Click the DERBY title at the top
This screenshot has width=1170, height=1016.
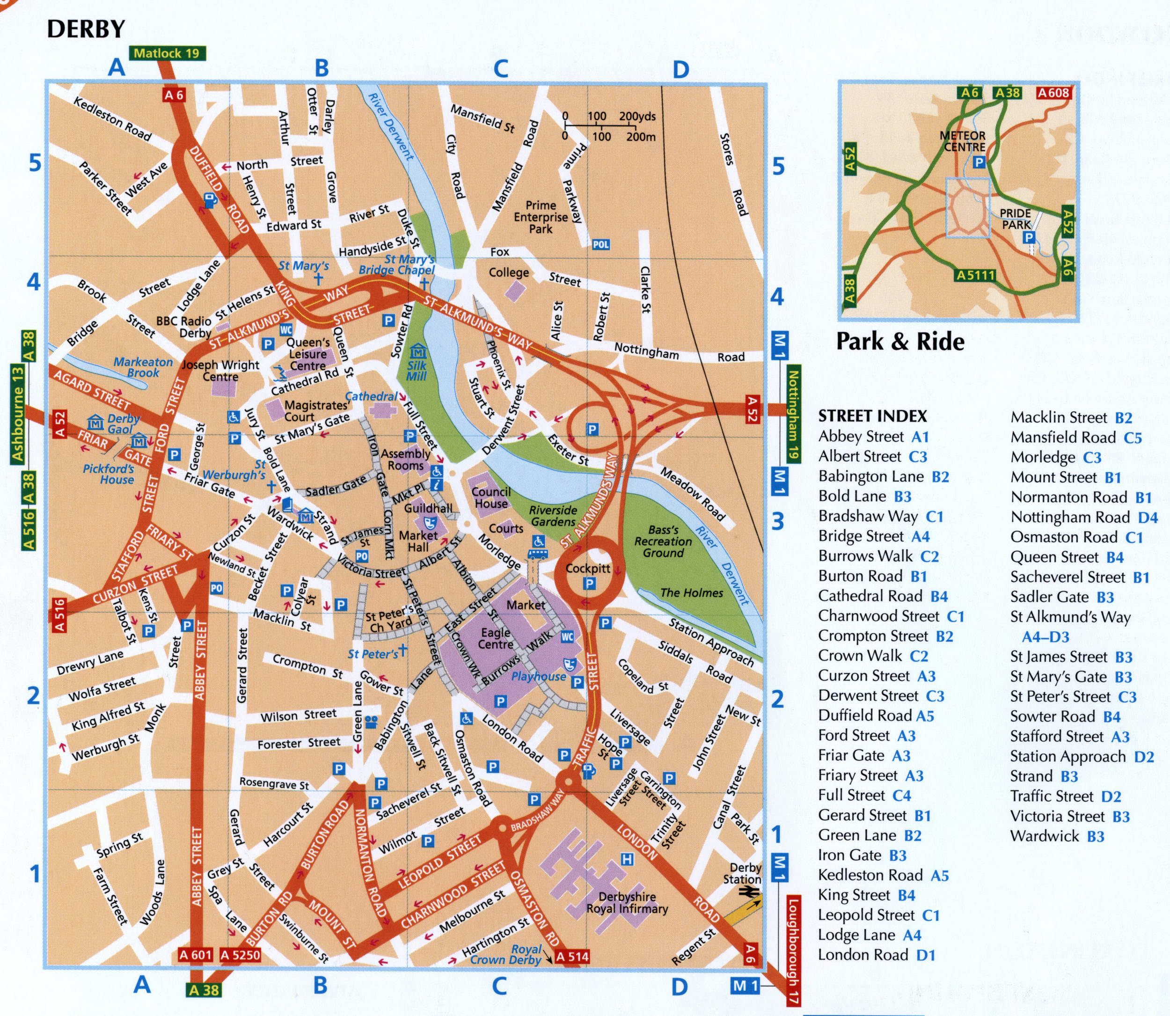click(x=86, y=29)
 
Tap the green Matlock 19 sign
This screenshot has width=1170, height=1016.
click(x=167, y=53)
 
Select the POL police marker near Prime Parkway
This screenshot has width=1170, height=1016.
click(x=600, y=244)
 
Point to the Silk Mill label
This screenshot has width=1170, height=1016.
click(x=417, y=370)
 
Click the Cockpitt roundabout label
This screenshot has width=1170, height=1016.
click(x=588, y=568)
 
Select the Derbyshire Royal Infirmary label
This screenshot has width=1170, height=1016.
click(x=627, y=903)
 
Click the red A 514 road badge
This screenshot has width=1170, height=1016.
click(x=572, y=957)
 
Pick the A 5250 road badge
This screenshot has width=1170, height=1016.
click(x=240, y=955)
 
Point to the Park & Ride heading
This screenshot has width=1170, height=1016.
click(x=900, y=341)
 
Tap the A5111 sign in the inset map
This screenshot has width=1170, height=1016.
click(x=975, y=275)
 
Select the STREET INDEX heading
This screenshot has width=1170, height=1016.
click(x=872, y=416)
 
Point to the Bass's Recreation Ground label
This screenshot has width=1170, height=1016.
click(x=663, y=541)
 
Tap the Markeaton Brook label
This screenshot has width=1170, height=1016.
click(x=143, y=367)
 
